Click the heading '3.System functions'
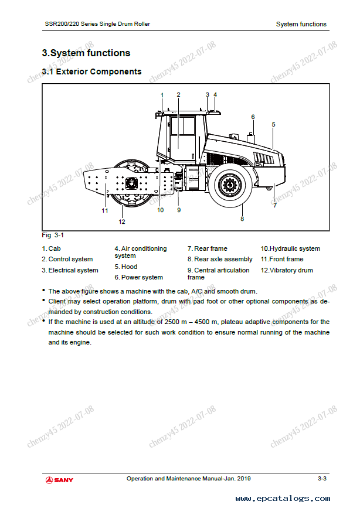[86, 53]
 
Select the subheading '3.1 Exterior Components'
[91, 72]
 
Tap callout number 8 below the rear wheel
[242, 219]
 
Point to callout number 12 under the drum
[122, 221]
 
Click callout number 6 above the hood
[253, 117]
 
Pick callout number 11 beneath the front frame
[105, 210]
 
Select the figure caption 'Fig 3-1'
[53, 236]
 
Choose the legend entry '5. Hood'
[126, 267]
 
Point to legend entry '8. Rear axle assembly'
[220, 259]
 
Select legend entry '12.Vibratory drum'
[287, 270]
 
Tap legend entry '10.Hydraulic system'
[290, 248]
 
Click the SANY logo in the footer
[60, 480]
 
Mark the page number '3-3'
[322, 479]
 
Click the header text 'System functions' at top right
[301, 24]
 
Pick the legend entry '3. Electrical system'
[70, 270]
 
